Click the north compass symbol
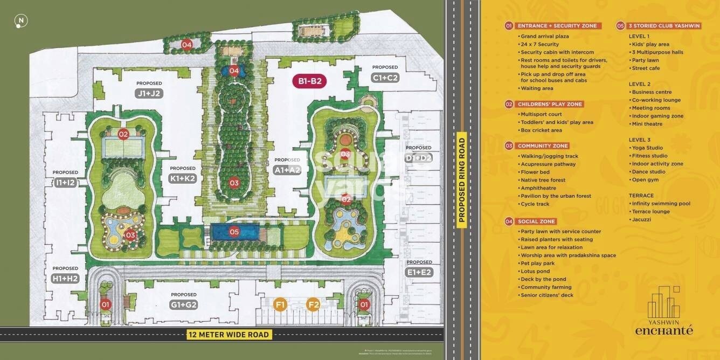(x=21, y=22)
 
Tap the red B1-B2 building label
(x=310, y=81)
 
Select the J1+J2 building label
(x=149, y=93)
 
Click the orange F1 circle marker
(x=280, y=304)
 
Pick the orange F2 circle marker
(x=313, y=304)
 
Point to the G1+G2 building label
(x=184, y=304)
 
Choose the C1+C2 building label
(x=385, y=78)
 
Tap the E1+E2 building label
(x=419, y=272)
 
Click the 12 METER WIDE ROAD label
(x=229, y=335)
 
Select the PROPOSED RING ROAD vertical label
(x=461, y=180)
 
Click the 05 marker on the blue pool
(x=234, y=232)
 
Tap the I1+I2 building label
(x=65, y=183)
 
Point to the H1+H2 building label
(x=65, y=278)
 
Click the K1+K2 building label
(x=183, y=178)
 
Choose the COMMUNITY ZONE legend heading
(x=543, y=146)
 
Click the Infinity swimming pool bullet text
(x=661, y=204)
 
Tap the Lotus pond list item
(x=535, y=271)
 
